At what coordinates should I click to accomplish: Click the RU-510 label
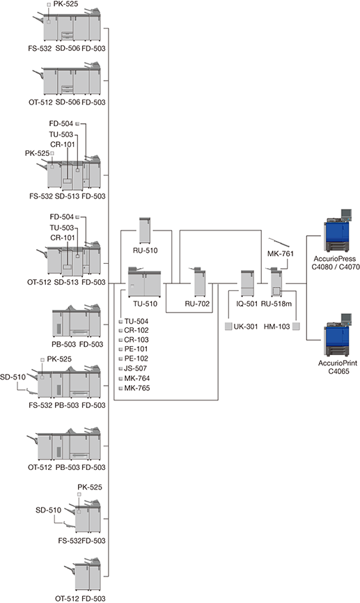click(x=146, y=251)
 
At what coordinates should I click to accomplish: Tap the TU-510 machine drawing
click(x=144, y=282)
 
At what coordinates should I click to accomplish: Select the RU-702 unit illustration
click(x=200, y=281)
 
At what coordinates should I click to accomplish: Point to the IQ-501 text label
click(x=247, y=304)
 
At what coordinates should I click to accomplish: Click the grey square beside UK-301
click(x=228, y=327)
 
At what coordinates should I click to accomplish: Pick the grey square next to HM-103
click(x=296, y=327)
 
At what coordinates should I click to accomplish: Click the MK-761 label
click(x=281, y=253)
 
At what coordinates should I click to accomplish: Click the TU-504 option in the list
click(x=136, y=321)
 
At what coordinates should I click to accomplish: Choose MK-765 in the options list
click(x=137, y=388)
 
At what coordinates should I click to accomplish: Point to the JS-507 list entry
click(x=135, y=368)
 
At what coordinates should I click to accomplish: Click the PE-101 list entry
click(x=136, y=349)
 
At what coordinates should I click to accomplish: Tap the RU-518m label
click(x=276, y=304)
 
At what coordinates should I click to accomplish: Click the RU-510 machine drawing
click(x=145, y=230)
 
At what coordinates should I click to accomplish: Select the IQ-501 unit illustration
click(x=247, y=283)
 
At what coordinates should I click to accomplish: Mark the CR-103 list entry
click(x=136, y=340)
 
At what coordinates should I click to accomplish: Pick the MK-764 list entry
click(x=137, y=378)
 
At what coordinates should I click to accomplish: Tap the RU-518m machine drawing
click(x=276, y=282)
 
